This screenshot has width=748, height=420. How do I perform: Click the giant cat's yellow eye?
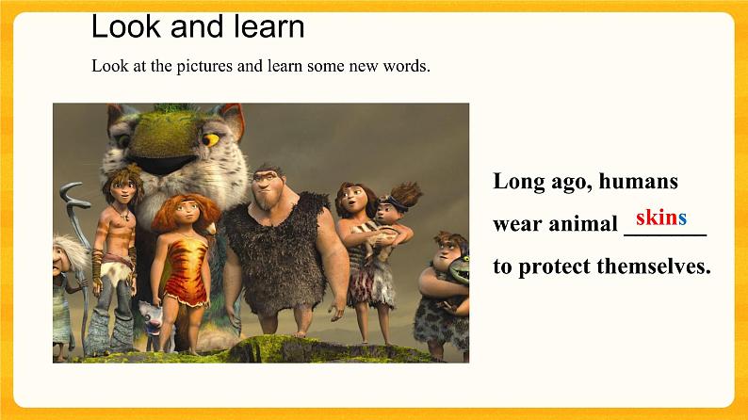click(210, 139)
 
